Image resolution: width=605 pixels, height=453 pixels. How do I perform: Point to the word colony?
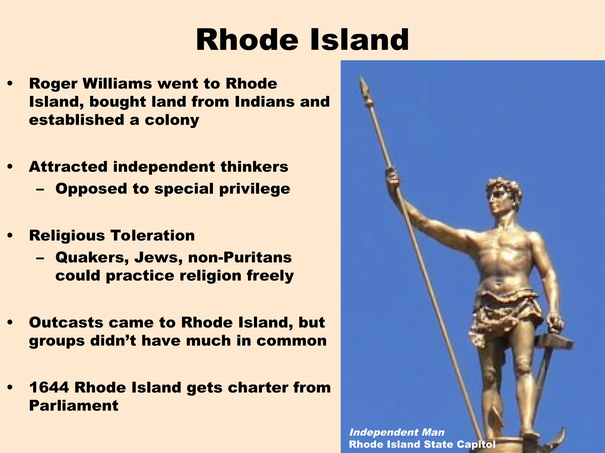172,120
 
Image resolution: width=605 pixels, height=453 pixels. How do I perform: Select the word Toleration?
152,235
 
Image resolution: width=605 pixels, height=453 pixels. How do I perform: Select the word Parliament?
74,406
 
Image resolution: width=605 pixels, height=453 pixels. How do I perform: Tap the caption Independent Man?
397,432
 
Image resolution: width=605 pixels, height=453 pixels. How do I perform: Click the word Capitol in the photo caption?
476,444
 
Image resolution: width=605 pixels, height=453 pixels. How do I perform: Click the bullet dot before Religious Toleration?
10,235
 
